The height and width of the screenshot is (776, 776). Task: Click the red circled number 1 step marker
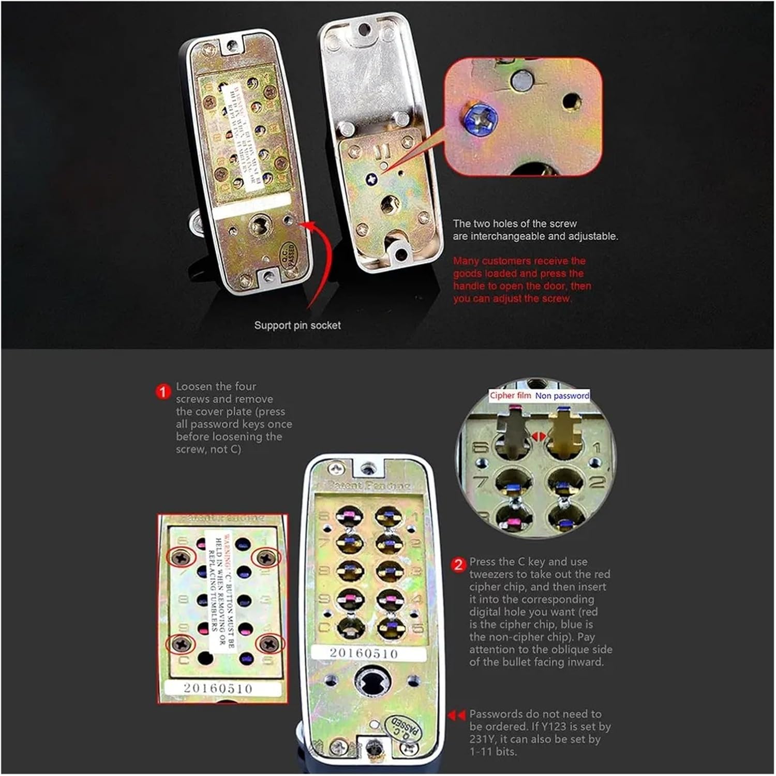point(163,392)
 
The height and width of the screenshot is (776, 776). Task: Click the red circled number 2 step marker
point(459,564)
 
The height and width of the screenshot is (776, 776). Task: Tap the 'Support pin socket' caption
point(297,325)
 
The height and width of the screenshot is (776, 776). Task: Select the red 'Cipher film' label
point(510,396)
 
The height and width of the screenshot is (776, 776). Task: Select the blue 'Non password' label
point(562,396)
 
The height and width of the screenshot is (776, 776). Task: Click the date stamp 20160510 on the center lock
point(364,653)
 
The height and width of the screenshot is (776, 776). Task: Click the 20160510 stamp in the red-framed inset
point(218,689)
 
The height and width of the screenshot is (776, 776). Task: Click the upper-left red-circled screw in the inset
point(181,557)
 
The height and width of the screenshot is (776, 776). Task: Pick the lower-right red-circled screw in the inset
point(269,644)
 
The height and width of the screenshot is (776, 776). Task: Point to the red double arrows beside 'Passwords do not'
point(456,715)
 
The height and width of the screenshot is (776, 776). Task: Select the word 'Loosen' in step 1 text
point(194,386)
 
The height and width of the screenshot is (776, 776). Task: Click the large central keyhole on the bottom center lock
point(368,682)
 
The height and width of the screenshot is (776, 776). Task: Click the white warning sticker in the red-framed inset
point(221,590)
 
